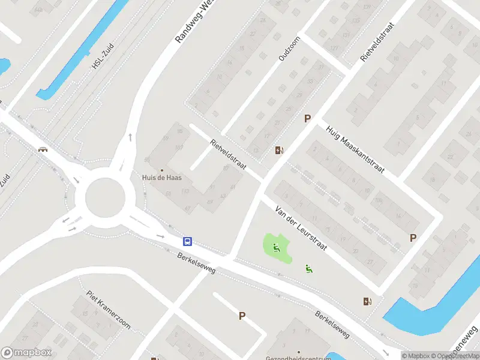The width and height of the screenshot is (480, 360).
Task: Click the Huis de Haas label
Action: point(161,178)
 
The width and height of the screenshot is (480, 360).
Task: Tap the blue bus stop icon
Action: point(188,241)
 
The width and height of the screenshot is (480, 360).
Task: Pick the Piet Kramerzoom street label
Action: point(108,310)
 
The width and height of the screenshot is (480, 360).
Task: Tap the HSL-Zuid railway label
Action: point(103,58)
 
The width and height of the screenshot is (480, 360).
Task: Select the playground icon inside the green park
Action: point(277,247)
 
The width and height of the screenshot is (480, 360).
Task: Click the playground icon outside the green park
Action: point(309,269)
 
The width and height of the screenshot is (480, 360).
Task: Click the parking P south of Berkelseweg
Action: point(242,316)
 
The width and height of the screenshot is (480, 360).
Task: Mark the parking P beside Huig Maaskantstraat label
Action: point(307,119)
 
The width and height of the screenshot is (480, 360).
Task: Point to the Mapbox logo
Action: point(27,353)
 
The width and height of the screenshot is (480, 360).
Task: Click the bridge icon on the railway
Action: point(43,150)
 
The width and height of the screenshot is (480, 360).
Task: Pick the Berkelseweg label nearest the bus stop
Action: point(196,263)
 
